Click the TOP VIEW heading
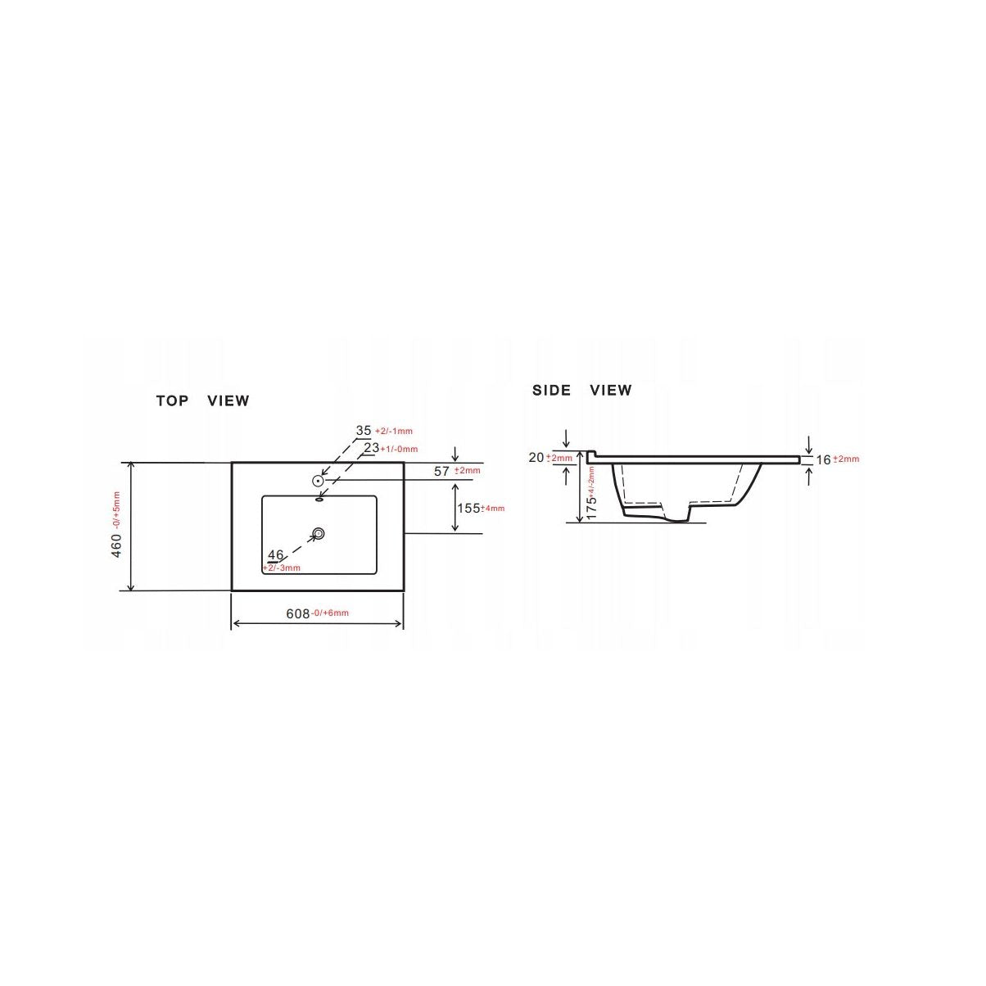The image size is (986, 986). tap(202, 400)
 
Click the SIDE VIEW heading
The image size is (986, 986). tap(581, 390)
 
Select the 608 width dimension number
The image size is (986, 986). tap(297, 613)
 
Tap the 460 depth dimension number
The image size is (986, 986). tap(116, 546)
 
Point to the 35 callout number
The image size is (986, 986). tap(364, 431)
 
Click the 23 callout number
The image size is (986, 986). tap(372, 448)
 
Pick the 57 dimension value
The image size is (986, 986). tap(442, 471)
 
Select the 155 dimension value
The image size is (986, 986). tap(468, 508)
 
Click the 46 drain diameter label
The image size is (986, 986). tap(275, 555)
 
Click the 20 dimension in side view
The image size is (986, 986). tap(536, 458)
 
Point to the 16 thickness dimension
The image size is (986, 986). tap(824, 459)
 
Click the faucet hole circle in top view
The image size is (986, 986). tap(319, 482)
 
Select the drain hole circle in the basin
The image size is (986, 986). tap(319, 534)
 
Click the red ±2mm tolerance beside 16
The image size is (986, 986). tap(847, 460)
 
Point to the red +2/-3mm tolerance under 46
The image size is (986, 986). tap(282, 568)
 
